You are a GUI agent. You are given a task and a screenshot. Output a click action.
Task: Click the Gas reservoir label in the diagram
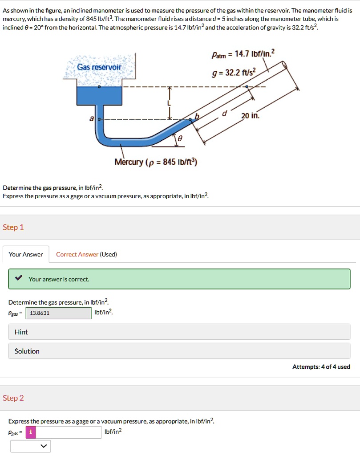99,67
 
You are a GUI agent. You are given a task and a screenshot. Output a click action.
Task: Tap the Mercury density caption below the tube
156,162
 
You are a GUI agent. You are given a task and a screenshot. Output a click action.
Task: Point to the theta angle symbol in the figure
180,139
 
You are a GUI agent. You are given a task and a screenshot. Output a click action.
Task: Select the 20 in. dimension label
250,116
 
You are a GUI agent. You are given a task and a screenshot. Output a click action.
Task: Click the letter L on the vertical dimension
169,103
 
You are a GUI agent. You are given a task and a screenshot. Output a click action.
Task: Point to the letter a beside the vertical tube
92,119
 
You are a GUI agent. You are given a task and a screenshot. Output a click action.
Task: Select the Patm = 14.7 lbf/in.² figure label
243,54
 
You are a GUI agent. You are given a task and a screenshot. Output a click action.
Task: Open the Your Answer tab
26,254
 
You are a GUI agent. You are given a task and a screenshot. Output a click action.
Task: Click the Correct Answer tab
77,254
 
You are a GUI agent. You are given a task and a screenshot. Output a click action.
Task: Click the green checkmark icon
18,279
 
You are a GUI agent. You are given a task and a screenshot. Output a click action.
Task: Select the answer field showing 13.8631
58,313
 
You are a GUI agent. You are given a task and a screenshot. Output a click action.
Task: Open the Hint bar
179,332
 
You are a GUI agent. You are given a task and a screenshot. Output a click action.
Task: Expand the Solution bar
179,351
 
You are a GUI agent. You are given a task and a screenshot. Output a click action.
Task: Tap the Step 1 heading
13,228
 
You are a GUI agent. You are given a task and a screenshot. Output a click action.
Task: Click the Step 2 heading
13,398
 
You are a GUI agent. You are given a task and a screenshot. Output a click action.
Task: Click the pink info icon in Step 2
30,432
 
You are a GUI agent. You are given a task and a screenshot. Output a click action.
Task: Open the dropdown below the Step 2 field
31,446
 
